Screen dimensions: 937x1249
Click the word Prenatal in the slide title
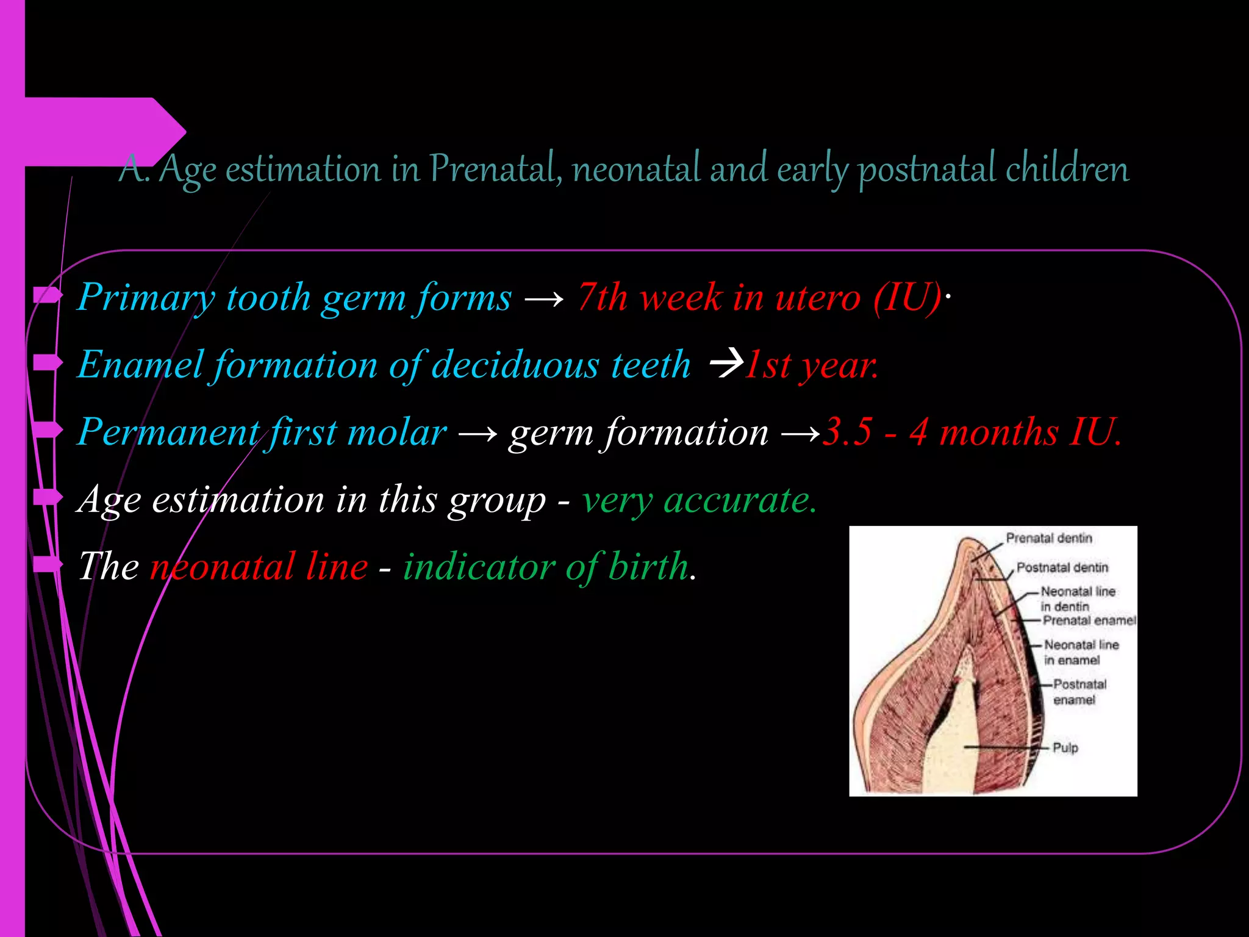pos(495,168)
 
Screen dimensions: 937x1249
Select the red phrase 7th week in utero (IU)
pos(759,298)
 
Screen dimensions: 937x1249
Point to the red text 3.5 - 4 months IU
pos(972,432)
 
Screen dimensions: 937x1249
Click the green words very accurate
pos(699,500)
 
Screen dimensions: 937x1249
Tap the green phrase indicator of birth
pos(546,566)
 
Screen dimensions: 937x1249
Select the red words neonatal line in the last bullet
pos(259,566)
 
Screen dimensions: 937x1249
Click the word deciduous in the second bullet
pos(515,365)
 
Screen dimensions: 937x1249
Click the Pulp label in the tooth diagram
pos(1065,747)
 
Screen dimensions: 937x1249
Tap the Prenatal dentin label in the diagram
pos(1049,538)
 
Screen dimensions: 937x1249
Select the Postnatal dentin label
pos(1062,567)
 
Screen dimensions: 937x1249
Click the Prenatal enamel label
pos(1089,620)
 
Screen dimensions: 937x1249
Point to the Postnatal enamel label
pos(1079,692)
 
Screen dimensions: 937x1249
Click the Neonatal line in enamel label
pos(1081,652)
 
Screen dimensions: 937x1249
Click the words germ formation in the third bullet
pos(638,432)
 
